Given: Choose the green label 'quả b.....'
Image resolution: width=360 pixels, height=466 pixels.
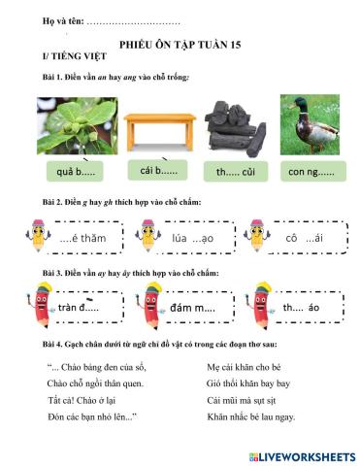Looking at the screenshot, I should tap(77, 173).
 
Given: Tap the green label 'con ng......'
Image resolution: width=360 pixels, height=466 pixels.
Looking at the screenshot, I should tap(311, 173).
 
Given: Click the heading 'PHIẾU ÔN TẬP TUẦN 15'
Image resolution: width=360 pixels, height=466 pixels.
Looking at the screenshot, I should tap(180, 45).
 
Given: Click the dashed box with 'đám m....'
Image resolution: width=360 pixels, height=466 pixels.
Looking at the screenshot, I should tap(192, 308).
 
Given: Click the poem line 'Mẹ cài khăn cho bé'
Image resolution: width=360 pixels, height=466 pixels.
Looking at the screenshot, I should tap(247, 367).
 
